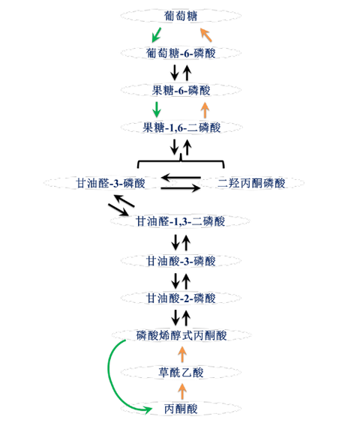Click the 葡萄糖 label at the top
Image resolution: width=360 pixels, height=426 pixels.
click(180, 15)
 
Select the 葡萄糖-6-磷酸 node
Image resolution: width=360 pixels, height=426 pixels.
click(181, 53)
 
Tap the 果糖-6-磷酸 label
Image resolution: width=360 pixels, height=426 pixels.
click(181, 90)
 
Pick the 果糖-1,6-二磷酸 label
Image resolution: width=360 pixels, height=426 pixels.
click(181, 127)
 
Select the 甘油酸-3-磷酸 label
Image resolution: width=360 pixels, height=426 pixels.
click(181, 261)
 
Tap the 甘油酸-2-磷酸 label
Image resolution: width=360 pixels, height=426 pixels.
click(181, 298)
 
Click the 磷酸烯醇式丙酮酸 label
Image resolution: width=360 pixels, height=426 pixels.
click(181, 334)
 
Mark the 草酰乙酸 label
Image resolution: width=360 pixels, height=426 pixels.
click(181, 372)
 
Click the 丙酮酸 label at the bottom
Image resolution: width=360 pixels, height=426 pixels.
click(181, 409)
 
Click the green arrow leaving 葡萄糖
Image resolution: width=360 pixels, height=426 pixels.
click(156, 34)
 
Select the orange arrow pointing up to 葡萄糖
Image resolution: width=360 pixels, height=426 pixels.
click(205, 34)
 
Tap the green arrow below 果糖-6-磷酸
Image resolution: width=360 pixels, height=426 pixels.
click(157, 109)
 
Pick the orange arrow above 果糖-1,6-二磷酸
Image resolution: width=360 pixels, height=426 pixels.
click(205, 109)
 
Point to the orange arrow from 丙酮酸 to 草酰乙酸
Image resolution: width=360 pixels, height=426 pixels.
click(181, 391)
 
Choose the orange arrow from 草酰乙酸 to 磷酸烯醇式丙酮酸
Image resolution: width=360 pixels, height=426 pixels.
click(181, 353)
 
